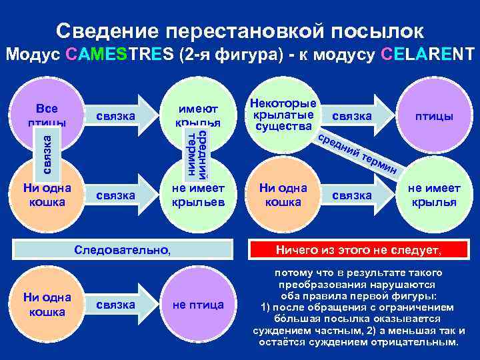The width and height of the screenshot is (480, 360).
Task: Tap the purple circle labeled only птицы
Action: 433,116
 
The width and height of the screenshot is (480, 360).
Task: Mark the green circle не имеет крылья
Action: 433,195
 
